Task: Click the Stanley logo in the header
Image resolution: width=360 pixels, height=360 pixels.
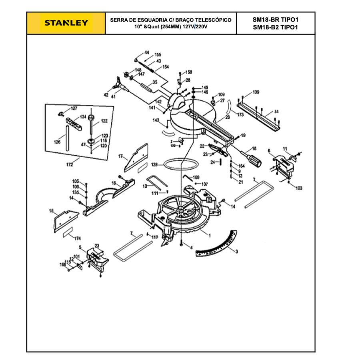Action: [66, 23]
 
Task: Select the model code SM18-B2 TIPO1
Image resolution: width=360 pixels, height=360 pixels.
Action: [276, 27]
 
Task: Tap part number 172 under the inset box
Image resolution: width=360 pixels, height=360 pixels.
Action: [70, 164]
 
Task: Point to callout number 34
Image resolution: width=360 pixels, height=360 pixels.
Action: [276, 112]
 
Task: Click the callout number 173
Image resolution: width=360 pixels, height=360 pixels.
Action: [240, 115]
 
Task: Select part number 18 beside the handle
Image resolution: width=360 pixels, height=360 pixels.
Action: [254, 148]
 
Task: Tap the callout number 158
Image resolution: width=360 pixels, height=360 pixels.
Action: [189, 72]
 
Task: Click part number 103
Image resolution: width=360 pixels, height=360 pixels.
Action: [299, 188]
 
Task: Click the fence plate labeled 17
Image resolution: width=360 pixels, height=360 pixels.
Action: [136, 158]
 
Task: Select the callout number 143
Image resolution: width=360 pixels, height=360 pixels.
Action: [156, 120]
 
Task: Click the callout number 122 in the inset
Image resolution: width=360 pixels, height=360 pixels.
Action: [104, 120]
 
